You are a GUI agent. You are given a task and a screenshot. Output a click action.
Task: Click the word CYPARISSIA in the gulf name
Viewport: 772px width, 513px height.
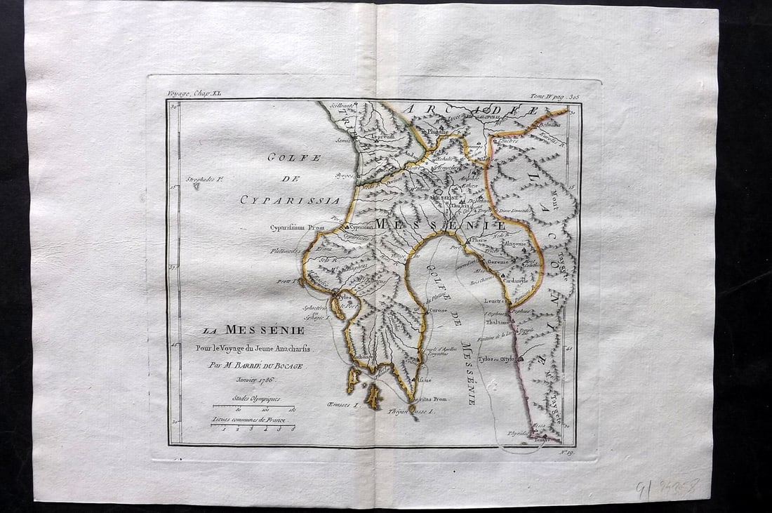[291, 201]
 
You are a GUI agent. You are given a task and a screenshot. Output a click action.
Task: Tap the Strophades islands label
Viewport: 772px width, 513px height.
[202, 180]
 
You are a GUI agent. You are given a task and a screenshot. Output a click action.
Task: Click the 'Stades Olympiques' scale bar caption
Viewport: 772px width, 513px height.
[256, 399]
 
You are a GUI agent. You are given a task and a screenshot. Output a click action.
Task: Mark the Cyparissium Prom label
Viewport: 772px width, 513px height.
[295, 227]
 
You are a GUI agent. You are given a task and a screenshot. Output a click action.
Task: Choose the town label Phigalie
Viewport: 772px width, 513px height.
[437, 131]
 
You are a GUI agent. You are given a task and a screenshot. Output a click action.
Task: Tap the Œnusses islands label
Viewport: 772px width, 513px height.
[343, 405]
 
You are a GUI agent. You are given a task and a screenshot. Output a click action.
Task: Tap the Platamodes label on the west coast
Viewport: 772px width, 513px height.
[286, 251]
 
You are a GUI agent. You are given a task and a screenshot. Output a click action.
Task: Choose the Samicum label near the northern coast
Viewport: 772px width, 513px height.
[347, 140]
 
